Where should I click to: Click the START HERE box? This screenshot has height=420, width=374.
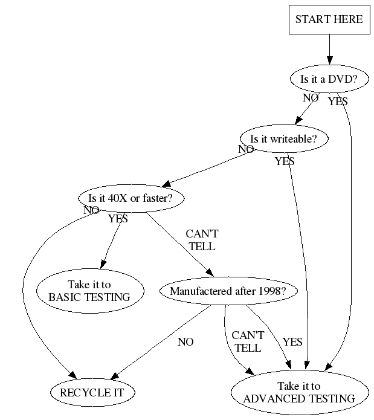tap(329, 19)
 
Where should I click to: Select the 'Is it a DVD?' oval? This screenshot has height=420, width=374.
tap(329, 79)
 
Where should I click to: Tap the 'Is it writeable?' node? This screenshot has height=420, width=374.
tap(284, 139)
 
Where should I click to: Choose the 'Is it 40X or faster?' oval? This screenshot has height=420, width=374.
tap(131, 198)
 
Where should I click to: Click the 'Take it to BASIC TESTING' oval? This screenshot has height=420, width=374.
tap(89, 291)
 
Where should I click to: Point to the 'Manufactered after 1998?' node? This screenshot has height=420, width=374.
tap(224, 291)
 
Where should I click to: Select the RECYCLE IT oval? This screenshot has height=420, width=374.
tap(92, 393)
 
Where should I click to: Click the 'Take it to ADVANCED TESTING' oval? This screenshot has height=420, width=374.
tap(299, 393)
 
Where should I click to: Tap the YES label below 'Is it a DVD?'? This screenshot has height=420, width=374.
tap(338, 102)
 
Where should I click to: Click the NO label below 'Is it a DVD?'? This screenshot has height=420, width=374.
tap(311, 97)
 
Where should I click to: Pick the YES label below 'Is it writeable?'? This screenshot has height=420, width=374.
tap(285, 161)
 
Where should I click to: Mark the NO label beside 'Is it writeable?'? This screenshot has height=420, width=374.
tap(246, 149)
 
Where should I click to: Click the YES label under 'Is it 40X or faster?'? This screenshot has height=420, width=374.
tap(118, 219)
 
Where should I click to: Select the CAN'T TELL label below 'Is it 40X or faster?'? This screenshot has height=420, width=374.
tap(201, 241)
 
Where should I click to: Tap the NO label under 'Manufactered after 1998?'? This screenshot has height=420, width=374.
tap(185, 342)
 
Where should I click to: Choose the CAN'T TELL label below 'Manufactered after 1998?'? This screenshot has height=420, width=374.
tap(248, 341)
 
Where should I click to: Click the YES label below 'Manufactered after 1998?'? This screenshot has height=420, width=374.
tap(292, 342)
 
